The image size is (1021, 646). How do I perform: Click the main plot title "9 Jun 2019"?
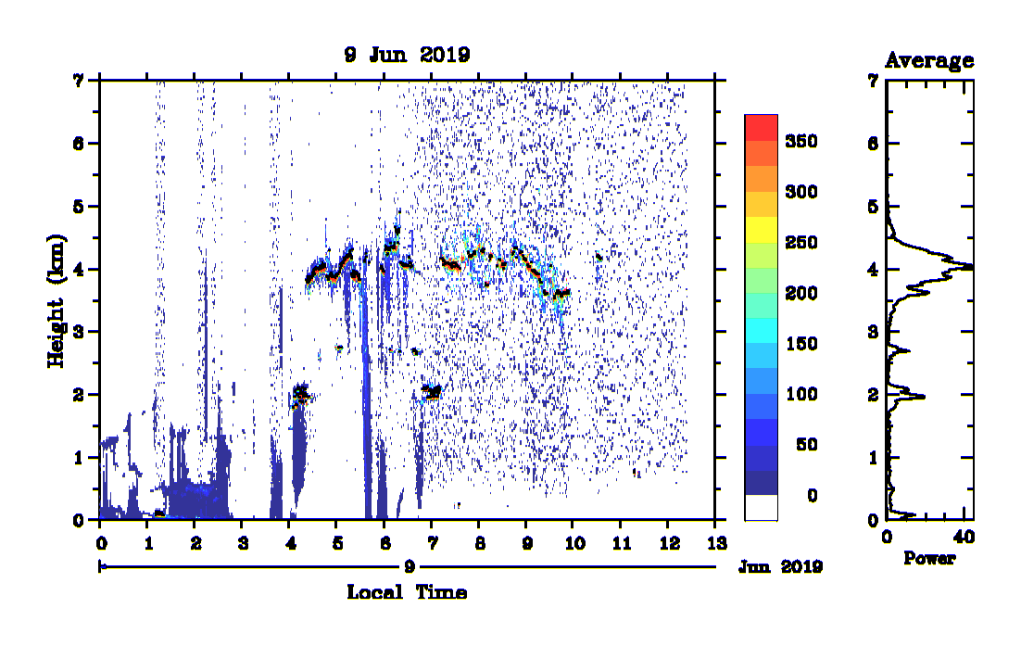tap(407, 55)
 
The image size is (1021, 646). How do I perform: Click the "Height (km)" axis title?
tap(57, 301)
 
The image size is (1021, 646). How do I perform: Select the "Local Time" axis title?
tap(407, 592)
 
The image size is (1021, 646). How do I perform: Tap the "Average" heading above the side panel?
tap(929, 60)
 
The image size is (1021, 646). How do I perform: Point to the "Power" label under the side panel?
tap(929, 558)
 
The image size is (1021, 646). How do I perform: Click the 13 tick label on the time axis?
tap(716, 543)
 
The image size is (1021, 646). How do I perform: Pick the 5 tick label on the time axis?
tap(337, 543)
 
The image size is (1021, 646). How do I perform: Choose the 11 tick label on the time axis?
tap(622, 543)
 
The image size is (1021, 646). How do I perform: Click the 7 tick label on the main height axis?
tap(78, 81)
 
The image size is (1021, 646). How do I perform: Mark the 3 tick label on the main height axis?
tap(78, 332)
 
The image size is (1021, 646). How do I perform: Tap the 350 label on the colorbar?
tap(800, 141)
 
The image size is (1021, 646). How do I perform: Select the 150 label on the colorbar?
tap(800, 343)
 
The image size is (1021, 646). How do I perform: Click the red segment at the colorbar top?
tap(762, 128)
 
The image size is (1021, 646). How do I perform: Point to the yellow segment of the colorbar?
tap(762, 229)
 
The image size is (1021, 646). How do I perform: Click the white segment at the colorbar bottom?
tap(762, 508)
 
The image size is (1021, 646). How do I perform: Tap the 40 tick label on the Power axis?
tap(964, 538)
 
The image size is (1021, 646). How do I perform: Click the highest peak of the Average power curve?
tap(970, 267)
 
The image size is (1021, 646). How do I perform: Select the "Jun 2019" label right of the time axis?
tap(780, 567)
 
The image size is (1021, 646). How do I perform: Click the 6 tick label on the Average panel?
tap(873, 144)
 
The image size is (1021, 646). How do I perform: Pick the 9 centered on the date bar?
tap(409, 566)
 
